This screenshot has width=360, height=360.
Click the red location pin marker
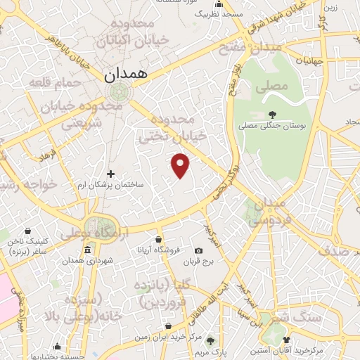(181, 165)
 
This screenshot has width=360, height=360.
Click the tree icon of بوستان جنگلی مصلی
(273, 115)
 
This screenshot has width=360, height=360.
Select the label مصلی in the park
(275, 87)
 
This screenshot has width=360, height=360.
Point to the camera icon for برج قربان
(198, 251)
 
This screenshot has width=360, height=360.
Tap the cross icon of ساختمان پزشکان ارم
(110, 174)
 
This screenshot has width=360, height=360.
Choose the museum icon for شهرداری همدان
(87, 251)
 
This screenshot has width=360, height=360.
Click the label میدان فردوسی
(266, 211)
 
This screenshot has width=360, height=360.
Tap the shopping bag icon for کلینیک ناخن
(27, 231)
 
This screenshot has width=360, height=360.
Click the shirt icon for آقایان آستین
(286, 340)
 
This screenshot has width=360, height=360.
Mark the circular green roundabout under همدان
(120, 91)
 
